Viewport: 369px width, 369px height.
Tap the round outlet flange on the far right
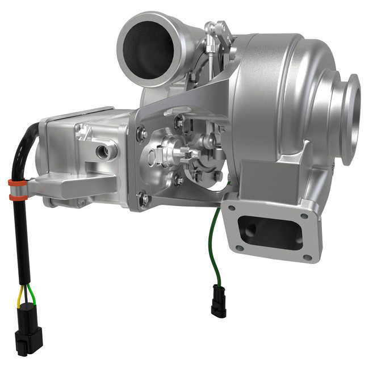(x=350, y=119)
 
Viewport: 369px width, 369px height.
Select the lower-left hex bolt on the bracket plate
(x=144, y=198)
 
